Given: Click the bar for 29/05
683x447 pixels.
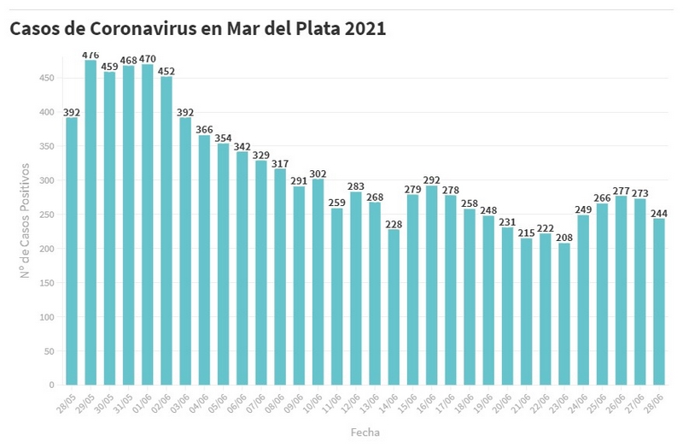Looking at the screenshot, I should pyautogui.click(x=90, y=222).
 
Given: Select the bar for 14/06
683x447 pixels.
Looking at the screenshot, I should pyautogui.click(x=394, y=307).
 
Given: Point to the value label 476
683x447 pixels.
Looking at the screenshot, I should pyautogui.click(x=90, y=55).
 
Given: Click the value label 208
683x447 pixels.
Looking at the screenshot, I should pyautogui.click(x=563, y=237).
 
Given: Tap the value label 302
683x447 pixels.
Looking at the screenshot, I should pyautogui.click(x=318, y=173).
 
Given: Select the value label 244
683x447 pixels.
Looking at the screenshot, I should pyautogui.click(x=658, y=212).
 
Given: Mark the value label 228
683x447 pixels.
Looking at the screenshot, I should pyautogui.click(x=394, y=223).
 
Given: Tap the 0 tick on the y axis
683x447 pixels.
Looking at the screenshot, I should pyautogui.click(x=52, y=385).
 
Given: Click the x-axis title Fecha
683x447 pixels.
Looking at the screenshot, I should pyautogui.click(x=365, y=432).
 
